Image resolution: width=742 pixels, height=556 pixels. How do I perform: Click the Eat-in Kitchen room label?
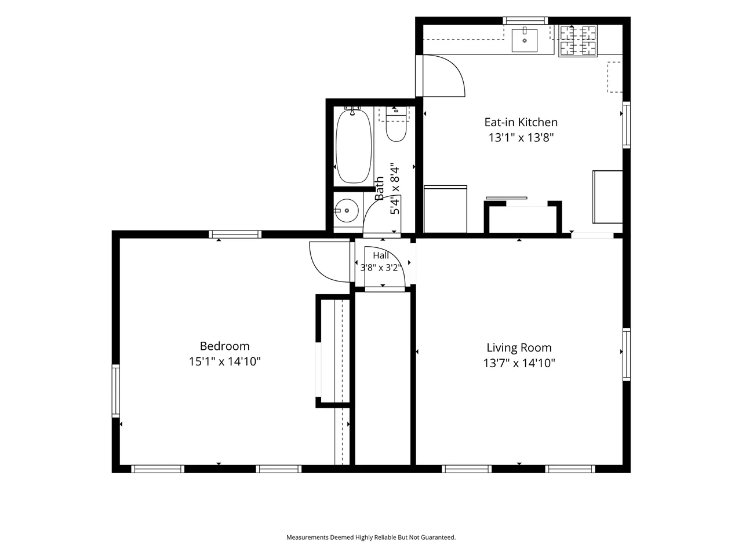pos(521,122)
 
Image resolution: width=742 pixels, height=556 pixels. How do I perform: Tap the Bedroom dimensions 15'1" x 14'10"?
pos(225,361)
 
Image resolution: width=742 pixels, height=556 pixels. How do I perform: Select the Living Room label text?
pos(519,348)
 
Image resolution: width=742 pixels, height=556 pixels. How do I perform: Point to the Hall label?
pos(381,255)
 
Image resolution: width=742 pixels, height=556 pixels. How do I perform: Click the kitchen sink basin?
pos(524,41)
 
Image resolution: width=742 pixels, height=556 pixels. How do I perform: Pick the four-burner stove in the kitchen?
pos(578,41)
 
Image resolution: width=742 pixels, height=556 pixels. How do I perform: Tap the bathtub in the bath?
pos(354,146)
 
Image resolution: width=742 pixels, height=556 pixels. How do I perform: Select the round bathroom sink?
pos(347,211)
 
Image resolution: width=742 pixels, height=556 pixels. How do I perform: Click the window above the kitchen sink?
pos(525,21)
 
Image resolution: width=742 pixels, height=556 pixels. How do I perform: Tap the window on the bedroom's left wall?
pos(115,391)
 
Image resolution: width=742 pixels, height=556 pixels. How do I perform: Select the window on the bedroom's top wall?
pos(235,235)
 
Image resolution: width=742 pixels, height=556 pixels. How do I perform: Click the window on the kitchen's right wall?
pos(627,125)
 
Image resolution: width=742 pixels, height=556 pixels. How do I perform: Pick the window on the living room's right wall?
pos(627,354)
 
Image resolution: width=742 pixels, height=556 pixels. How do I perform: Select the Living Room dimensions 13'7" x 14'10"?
pos(519,363)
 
